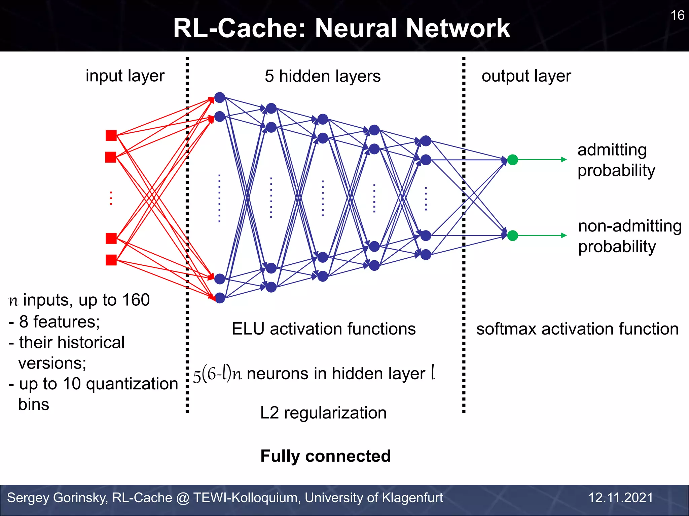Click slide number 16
[677, 15]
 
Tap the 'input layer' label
[125, 76]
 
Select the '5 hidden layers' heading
[322, 76]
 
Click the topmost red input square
[111, 135]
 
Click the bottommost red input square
[111, 260]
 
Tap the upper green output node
[512, 160]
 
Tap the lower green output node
[512, 235]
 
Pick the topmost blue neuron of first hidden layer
[220, 98]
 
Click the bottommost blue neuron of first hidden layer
[220, 298]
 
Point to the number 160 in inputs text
[136, 300]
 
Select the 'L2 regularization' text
[323, 413]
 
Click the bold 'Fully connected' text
[325, 456]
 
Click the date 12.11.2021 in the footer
[620, 498]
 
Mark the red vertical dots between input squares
[111, 198]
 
